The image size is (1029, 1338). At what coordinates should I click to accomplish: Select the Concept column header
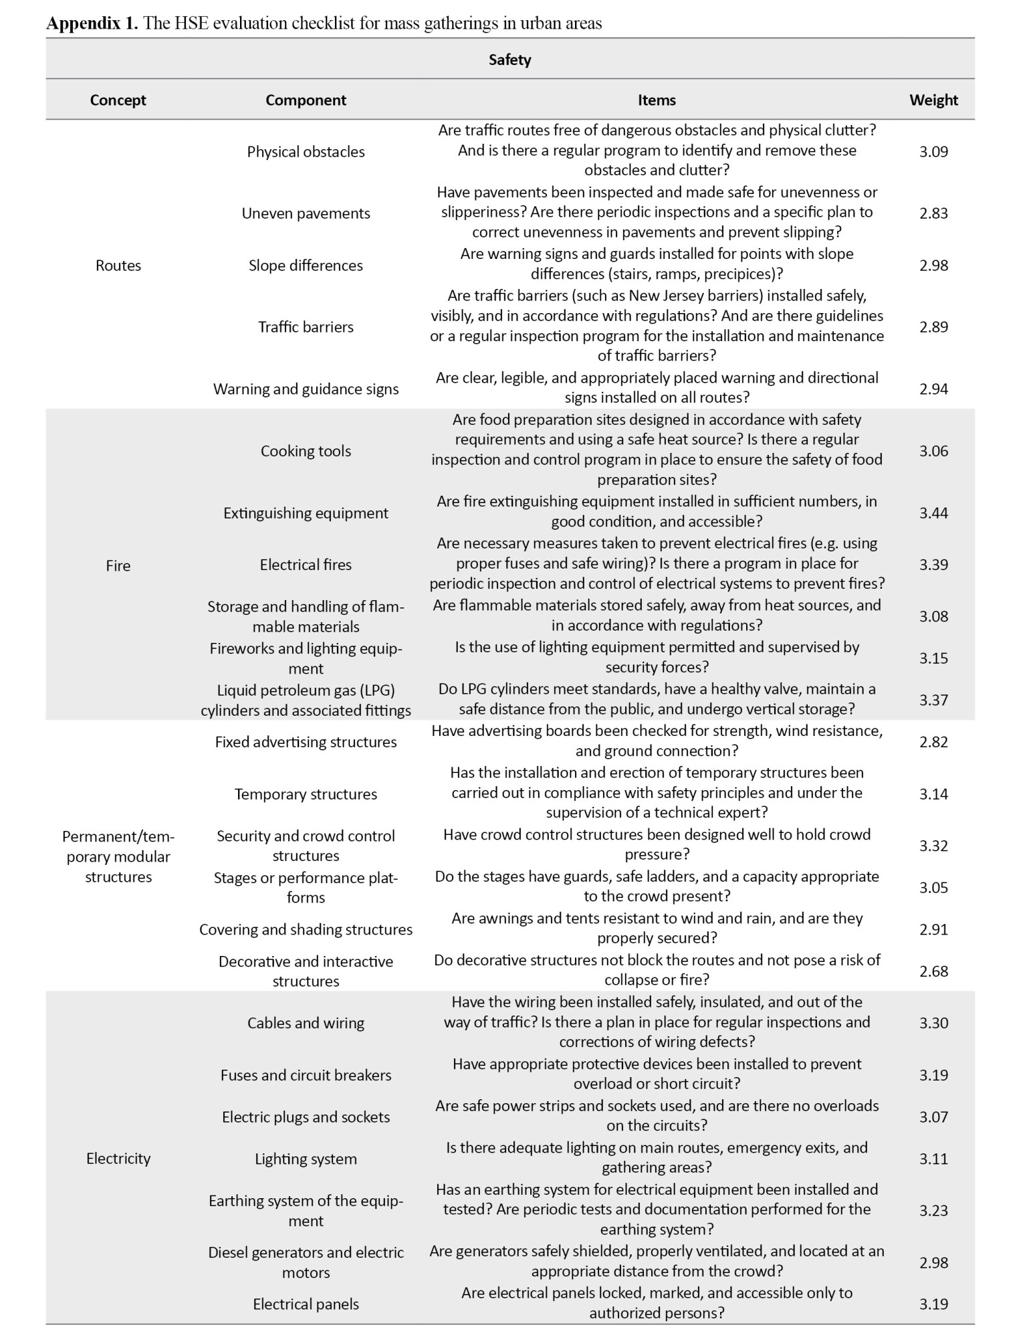(x=118, y=100)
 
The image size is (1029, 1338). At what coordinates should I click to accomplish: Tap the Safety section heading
(x=509, y=60)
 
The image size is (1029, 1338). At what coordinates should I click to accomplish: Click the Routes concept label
(x=118, y=266)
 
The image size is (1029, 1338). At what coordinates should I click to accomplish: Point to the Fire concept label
(x=118, y=565)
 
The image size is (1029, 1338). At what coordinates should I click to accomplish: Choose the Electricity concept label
(x=118, y=1159)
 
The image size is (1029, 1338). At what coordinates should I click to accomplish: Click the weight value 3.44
(x=933, y=513)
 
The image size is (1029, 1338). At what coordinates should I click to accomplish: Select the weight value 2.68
(x=933, y=971)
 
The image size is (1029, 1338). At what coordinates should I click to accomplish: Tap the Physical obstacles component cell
(x=306, y=152)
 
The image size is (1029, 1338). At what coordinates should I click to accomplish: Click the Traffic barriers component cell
(x=306, y=327)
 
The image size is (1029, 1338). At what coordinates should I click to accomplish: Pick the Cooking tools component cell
(x=306, y=451)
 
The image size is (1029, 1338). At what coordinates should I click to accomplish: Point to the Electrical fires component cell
(x=306, y=565)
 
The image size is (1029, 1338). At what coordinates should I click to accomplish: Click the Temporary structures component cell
(x=306, y=794)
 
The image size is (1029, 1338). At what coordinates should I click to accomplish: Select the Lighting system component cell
(x=306, y=1159)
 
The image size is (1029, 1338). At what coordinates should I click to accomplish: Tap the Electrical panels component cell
(x=306, y=1304)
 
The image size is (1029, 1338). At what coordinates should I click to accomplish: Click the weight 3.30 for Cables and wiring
(x=933, y=1023)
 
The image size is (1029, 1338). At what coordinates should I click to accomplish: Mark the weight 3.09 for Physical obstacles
(x=933, y=152)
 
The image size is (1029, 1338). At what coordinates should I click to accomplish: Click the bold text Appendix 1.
(x=92, y=23)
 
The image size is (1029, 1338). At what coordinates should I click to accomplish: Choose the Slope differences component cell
(x=306, y=266)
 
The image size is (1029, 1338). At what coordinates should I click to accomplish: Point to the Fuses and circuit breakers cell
(x=306, y=1075)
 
